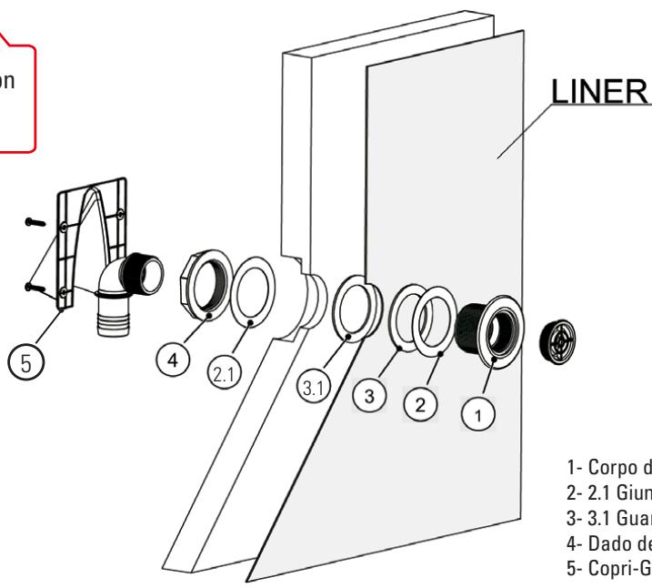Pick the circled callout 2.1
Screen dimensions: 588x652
pyautogui.click(x=243, y=373)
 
